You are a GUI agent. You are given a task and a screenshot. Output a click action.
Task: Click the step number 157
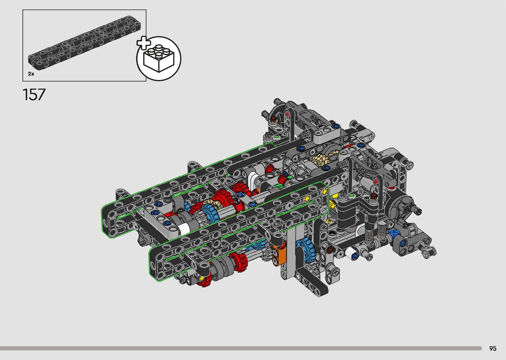coord(34,95)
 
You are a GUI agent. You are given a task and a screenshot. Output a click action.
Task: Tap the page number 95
coord(493,348)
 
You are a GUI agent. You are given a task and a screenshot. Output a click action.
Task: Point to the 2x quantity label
coord(31,74)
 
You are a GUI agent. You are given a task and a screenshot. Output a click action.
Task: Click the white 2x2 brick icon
coord(159,58)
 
